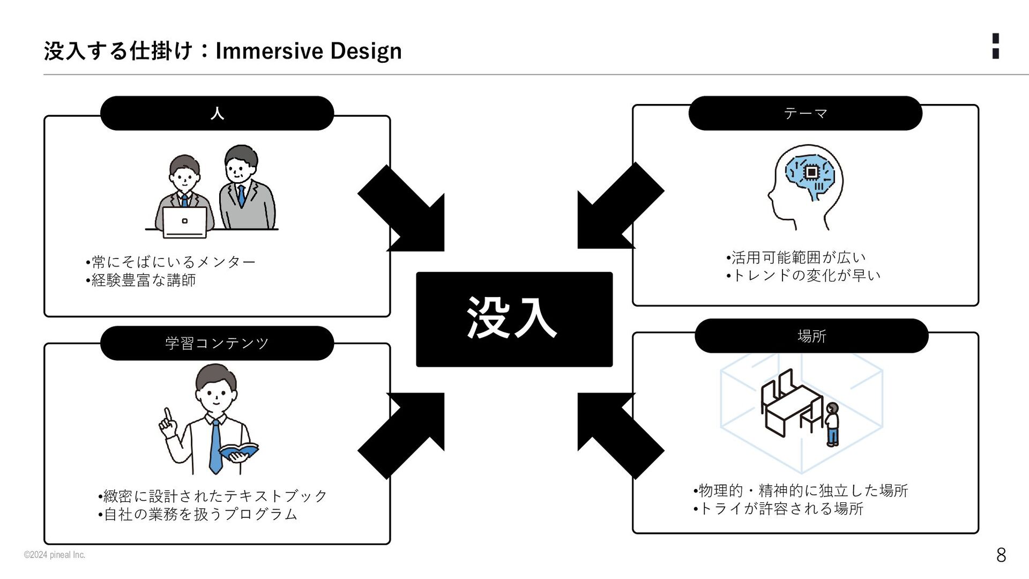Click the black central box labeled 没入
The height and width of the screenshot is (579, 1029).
tap(514, 319)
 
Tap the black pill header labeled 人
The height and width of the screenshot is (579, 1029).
tap(217, 113)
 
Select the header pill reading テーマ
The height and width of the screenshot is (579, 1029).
tap(805, 113)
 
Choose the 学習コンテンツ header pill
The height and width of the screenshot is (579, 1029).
tap(217, 343)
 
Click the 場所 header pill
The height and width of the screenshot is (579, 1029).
tap(811, 336)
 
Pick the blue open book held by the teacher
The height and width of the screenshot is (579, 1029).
tap(239, 451)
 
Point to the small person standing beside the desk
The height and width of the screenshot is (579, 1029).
tap(832, 424)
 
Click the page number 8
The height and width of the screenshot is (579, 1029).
tap(1001, 555)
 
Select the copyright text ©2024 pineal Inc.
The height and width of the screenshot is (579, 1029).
tap(54, 555)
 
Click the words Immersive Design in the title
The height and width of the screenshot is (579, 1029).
tap(308, 51)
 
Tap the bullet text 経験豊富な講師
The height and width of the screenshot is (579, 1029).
tap(143, 280)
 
